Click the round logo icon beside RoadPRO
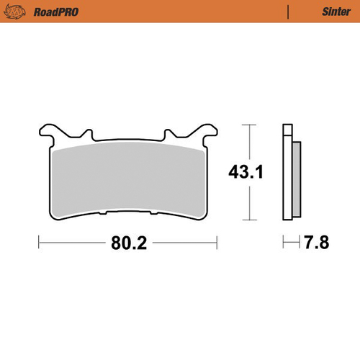click(x=17, y=12)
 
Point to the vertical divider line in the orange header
click(x=288, y=12)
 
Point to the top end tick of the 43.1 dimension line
click(x=249, y=125)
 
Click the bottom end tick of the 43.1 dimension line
click(x=249, y=219)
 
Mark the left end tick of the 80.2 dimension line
click(x=38, y=243)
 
